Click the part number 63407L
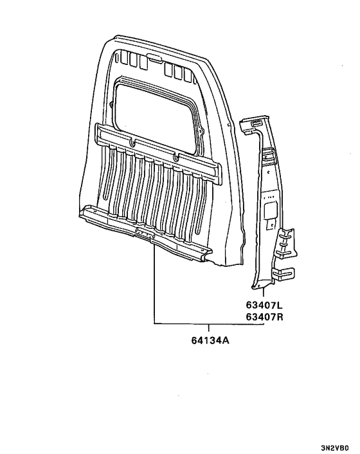[264, 305]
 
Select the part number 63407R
[264, 317]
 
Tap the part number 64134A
[210, 341]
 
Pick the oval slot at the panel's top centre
[154, 58]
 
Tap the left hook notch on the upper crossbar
[133, 142]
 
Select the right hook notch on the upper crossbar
[175, 157]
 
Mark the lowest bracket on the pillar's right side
[283, 274]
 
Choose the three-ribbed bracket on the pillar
[287, 242]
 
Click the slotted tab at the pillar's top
[255, 123]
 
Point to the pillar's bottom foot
[259, 286]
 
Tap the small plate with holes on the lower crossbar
[145, 233]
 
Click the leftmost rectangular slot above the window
[124, 58]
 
